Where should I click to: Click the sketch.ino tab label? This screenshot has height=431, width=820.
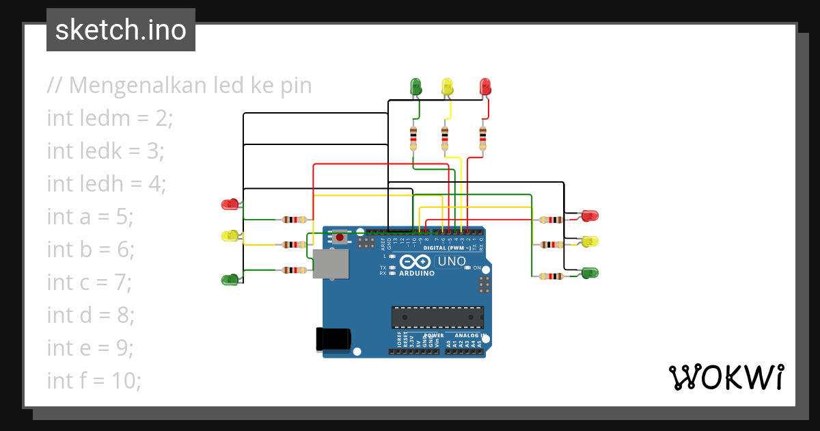(121, 30)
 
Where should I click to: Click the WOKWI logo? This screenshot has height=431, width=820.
(726, 377)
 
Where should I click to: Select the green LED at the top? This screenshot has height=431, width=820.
(415, 86)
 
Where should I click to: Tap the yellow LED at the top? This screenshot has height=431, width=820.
(448, 86)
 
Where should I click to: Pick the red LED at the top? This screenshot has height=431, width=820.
(486, 86)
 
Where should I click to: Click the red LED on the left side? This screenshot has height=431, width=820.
(230, 204)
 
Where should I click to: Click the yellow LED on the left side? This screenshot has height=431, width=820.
(230, 236)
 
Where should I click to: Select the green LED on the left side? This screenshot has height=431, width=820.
(230, 279)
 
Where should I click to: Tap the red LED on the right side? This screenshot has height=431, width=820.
(590, 215)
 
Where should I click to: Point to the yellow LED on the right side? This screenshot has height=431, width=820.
(590, 241)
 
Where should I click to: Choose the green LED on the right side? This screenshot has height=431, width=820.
(589, 273)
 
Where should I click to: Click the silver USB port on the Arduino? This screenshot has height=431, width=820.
(330, 263)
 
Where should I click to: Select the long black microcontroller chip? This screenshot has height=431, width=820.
(437, 317)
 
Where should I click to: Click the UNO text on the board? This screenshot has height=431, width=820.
(452, 261)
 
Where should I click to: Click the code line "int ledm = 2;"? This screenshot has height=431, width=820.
(110, 118)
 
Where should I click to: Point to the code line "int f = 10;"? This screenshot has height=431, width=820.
(94, 380)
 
